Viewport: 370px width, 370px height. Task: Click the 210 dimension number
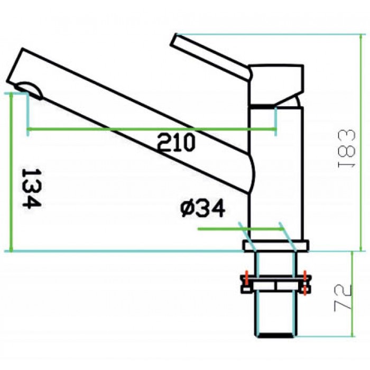coord(177,142)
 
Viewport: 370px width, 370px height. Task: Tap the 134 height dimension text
coord(31,188)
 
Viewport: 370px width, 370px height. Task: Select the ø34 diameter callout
coord(202,209)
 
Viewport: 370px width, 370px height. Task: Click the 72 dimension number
coord(344,297)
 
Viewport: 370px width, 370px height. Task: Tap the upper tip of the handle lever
coord(178,39)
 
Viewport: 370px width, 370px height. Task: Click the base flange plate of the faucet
coord(275,246)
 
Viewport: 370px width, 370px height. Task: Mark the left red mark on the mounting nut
coord(245,279)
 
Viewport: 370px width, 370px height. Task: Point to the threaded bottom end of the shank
coord(275,332)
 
